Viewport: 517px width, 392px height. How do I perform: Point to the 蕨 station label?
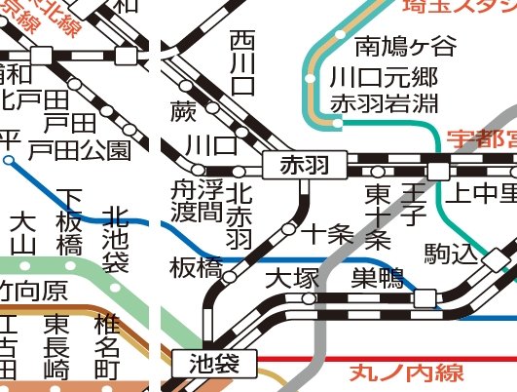pos(182,108)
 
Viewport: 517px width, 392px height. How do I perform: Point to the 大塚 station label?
pos(292,279)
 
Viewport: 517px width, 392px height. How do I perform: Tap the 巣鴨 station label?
pos(377,279)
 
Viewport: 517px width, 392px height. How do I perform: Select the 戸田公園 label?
pos(79,150)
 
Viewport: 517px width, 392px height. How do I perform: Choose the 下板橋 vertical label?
pos(69,223)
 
